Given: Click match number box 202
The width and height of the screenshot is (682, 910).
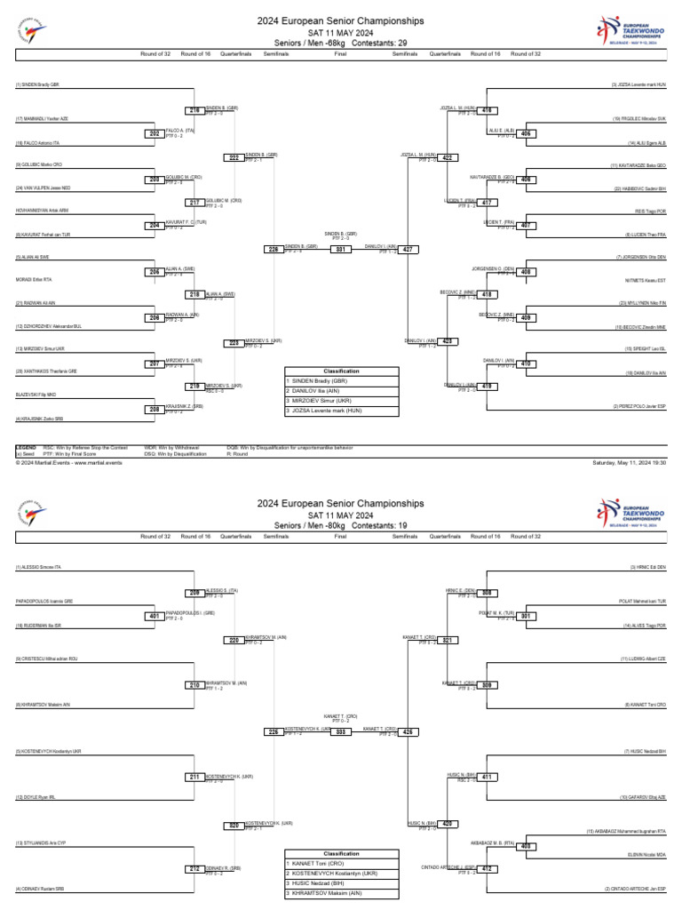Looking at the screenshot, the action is (153, 133).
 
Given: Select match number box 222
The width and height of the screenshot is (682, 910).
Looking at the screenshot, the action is (234, 157).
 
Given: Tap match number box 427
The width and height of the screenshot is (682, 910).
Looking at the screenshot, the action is (408, 250).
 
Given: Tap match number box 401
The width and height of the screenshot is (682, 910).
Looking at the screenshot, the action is (153, 615).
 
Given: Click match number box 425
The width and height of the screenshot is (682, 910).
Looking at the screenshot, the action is (408, 731).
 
